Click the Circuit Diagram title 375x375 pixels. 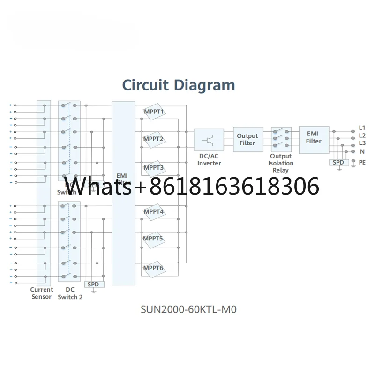point(178,85)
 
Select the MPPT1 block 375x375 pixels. point(154,112)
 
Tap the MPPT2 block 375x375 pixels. point(154,139)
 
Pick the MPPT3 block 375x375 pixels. point(154,167)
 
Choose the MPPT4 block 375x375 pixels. point(154,212)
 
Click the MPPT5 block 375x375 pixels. point(154,239)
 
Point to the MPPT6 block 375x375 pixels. point(154,268)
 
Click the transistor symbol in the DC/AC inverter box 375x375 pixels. point(209,140)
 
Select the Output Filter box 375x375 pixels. point(247,139)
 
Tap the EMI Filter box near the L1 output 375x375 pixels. point(314,137)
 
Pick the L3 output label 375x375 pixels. point(362,143)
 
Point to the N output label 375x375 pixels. point(362,151)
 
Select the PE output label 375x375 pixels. point(362,162)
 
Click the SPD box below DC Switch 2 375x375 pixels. point(94,284)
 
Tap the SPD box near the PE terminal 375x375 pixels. point(338,162)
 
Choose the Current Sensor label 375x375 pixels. point(42,293)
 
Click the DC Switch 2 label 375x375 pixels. point(70,293)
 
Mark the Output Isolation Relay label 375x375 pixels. point(281,163)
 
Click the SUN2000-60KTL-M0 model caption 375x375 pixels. point(192,309)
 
